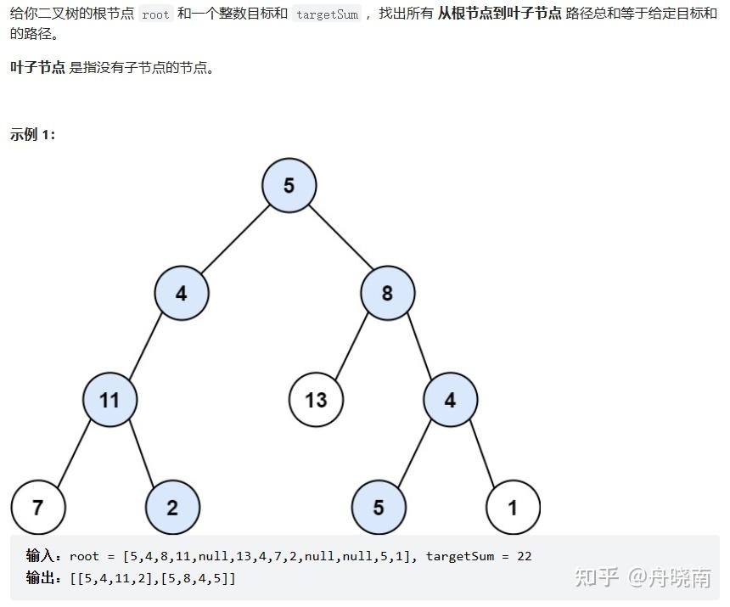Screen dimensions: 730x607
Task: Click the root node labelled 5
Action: tap(289, 185)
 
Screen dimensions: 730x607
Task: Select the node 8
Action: tap(387, 294)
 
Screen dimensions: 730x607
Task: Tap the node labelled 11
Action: tap(109, 399)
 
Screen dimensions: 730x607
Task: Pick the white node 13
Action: tap(316, 399)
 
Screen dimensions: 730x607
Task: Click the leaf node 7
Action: tap(37, 508)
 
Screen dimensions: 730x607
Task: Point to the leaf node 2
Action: tap(172, 508)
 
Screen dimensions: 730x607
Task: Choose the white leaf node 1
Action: tap(513, 508)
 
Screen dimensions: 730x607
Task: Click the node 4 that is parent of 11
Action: tap(182, 294)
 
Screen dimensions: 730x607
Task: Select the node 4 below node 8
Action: tap(450, 399)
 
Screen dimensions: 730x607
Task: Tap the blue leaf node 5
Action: tap(379, 508)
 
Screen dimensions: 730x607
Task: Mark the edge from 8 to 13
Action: tap(351, 346)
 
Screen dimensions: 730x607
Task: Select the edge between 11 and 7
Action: tap(74, 453)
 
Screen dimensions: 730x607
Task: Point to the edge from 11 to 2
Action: tap(141, 453)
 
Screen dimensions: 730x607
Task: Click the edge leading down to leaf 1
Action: tap(481, 453)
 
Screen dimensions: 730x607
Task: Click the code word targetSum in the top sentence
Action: tap(327, 15)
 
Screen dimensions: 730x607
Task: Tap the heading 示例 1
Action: tap(32, 134)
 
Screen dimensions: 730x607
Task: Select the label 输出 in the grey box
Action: tap(43, 578)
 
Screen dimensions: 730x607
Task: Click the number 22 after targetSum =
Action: tap(524, 556)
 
